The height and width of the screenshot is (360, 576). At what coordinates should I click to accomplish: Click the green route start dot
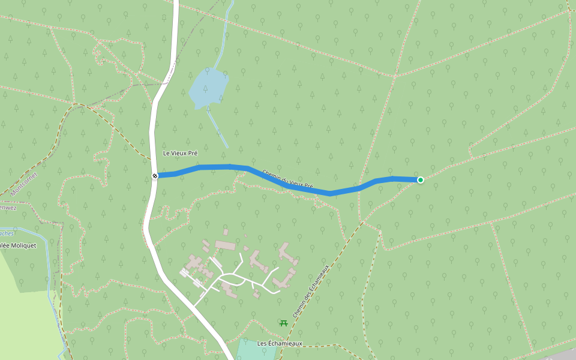pos(421,179)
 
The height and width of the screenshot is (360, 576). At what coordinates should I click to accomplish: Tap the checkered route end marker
pos(155,176)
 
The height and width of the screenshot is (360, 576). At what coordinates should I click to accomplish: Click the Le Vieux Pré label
pos(180,154)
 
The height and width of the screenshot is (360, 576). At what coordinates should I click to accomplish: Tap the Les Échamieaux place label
pos(280,343)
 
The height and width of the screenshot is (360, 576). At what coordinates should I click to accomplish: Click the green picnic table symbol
pos(284,323)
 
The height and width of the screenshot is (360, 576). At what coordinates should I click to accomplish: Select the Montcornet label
pos(23,184)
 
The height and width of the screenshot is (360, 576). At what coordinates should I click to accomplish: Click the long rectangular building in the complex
pos(226,245)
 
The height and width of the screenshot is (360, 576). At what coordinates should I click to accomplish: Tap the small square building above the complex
pos(226,232)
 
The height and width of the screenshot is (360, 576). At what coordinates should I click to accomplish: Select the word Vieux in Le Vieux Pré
pos(180,154)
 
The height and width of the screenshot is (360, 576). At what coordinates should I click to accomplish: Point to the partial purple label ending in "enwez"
pos(7,208)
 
